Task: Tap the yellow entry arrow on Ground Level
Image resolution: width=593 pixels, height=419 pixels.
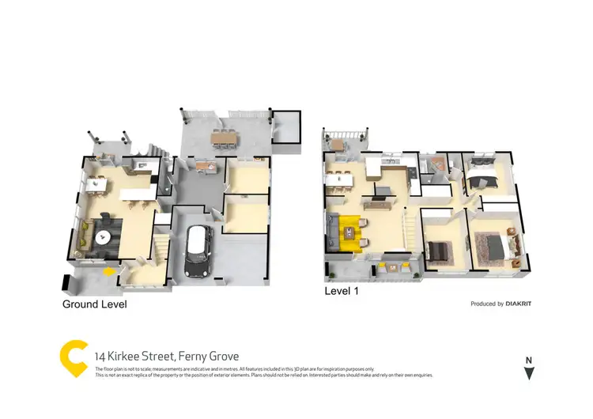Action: coord(108,272)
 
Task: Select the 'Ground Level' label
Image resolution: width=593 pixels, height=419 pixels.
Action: coord(94,304)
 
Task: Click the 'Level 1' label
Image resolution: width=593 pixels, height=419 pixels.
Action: coord(342,291)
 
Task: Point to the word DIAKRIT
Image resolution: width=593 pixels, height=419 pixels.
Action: coord(522,304)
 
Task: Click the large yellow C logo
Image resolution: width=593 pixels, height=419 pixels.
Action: coord(73,359)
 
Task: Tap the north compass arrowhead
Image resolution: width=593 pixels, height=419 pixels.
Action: coord(528,373)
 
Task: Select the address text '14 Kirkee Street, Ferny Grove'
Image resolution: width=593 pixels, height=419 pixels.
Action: coord(166,357)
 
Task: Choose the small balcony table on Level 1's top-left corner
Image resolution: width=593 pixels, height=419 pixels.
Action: coord(338,144)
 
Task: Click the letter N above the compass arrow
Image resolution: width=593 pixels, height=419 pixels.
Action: coord(528,360)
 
